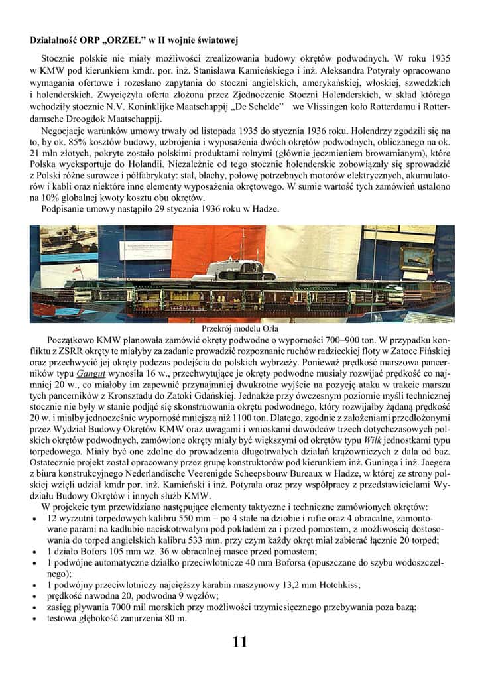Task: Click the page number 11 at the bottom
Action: (x=240, y=641)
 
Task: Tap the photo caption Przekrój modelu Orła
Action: (x=239, y=328)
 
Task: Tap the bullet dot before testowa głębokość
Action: (x=34, y=619)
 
